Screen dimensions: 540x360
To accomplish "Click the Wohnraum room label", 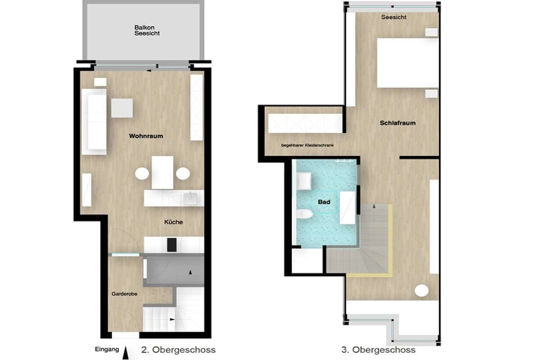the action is (x=146, y=136).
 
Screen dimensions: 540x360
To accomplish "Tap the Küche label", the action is (x=173, y=222).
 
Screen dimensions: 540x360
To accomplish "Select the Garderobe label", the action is (x=124, y=294).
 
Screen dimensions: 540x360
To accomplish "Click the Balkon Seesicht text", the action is (x=147, y=30).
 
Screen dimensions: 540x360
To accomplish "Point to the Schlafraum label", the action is (x=398, y=123).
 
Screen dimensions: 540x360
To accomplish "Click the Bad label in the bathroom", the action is (x=324, y=202).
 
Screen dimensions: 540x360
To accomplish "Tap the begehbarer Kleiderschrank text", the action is (x=307, y=145).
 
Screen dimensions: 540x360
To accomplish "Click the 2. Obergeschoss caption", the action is (x=178, y=350).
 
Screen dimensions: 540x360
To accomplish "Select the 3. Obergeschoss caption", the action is (x=379, y=350).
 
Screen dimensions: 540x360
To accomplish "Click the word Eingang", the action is (x=107, y=349).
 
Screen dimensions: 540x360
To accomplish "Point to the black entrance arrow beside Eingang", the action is (x=126, y=353).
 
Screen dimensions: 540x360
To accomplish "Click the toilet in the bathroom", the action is (x=304, y=214).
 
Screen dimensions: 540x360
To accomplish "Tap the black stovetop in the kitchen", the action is (x=172, y=245).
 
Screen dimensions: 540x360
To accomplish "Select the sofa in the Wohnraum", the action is (x=94, y=122).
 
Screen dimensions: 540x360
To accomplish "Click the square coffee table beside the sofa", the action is (x=122, y=108).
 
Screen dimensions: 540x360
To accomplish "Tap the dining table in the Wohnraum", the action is (x=162, y=172).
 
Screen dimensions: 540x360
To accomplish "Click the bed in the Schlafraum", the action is (x=408, y=63).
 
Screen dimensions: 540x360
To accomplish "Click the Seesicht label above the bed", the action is (x=393, y=17).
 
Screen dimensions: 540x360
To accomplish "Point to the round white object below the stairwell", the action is (x=421, y=290).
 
